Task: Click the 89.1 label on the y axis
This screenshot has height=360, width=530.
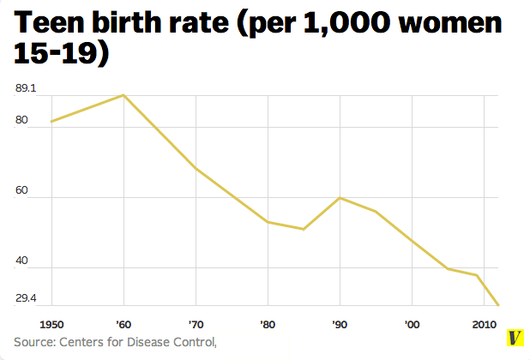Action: [27, 88]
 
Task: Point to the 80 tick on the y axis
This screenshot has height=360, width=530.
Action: [21, 121]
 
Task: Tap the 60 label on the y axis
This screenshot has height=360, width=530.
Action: [21, 191]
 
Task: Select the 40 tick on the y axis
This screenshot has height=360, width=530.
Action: [21, 261]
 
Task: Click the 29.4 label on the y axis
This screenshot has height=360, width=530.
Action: [27, 297]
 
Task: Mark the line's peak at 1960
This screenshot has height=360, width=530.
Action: [124, 95]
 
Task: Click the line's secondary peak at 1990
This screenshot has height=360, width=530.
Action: [340, 197]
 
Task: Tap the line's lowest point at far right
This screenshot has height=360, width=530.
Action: [498, 304]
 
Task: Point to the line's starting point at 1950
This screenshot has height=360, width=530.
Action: [51, 121]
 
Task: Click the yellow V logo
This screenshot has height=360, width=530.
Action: [515, 339]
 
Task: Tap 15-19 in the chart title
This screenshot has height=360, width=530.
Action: [60, 56]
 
